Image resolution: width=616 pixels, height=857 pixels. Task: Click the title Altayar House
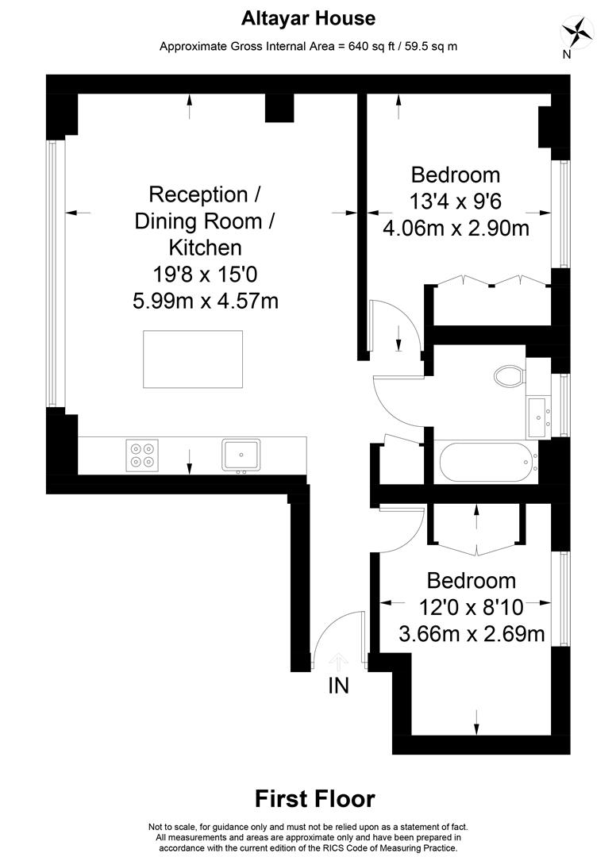[x=308, y=18]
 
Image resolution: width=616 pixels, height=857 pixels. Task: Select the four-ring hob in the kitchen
[x=142, y=455]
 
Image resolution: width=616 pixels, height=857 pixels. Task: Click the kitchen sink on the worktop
[x=241, y=455]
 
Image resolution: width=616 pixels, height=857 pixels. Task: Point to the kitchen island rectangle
[x=193, y=359]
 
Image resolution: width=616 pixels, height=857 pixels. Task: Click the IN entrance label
[x=338, y=686]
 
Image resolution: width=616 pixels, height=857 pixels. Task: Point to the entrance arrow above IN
[x=338, y=661]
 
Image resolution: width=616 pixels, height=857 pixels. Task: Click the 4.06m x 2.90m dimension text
[x=456, y=228]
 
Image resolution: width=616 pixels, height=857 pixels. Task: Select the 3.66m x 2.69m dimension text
[x=472, y=633]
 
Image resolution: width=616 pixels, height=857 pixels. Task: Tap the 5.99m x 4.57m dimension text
[x=206, y=301]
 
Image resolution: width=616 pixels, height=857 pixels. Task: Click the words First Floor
[x=315, y=798]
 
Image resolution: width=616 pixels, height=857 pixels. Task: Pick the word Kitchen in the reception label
[x=206, y=248]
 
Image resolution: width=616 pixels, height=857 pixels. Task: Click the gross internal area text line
[x=308, y=47]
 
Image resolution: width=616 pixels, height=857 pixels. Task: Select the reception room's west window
[x=52, y=273]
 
